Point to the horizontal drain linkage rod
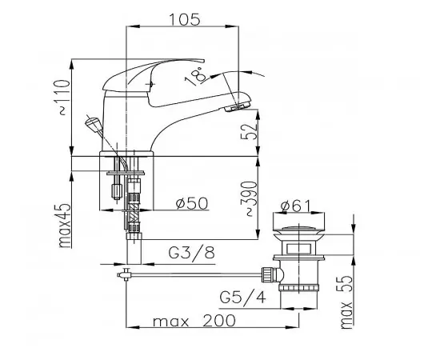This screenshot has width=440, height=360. [200, 276]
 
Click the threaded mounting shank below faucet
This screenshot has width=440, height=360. [133, 221]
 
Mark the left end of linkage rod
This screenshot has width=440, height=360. [122, 277]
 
